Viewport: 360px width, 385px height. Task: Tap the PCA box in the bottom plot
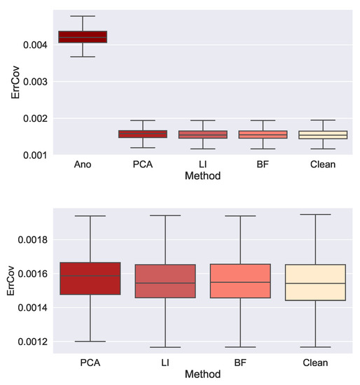[90, 279]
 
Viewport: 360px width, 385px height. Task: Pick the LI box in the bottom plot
[168, 281]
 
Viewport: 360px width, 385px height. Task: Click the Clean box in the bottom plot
[324, 282]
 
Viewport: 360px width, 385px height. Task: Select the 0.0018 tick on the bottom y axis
[30, 239]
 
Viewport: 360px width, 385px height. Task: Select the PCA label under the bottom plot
[90, 364]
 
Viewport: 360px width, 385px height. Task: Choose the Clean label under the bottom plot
[324, 364]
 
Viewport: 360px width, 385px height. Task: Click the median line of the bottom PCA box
[90, 276]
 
